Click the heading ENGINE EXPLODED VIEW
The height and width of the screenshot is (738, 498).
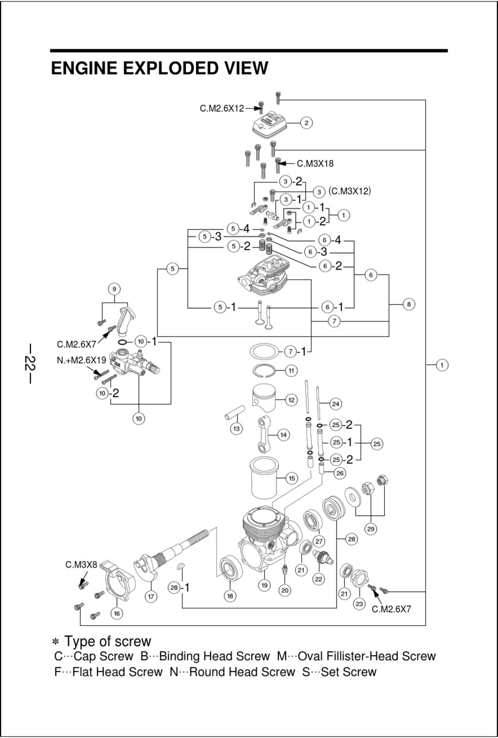pos(159,69)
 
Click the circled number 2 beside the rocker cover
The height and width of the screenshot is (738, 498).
pos(306,123)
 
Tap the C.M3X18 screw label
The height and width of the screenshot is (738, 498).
pos(315,164)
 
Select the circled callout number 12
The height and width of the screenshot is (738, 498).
pos(291,400)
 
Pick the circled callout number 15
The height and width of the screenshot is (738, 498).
pos(292,478)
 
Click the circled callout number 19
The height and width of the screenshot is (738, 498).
pos(264,585)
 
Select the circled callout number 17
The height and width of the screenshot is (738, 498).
pos(151,596)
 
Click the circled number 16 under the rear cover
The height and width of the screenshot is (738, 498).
pos(117,613)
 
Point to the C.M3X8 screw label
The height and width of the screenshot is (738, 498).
pos(81,565)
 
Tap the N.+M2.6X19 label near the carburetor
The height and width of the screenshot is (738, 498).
pos(81,361)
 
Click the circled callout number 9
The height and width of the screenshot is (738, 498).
pos(114,289)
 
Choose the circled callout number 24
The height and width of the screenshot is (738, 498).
pos(336,404)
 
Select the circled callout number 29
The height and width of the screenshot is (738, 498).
pos(371,529)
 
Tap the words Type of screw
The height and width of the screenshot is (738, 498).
pos(107,642)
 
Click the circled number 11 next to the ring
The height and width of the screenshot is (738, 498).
pos(291,371)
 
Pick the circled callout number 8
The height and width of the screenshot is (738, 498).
pos(409,304)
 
